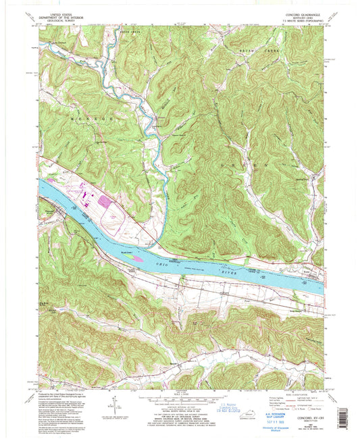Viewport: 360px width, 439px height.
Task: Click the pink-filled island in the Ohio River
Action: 135,257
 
